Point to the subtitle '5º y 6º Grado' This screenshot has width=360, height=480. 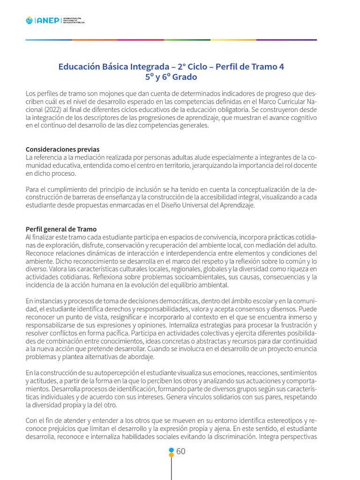(x=171, y=77)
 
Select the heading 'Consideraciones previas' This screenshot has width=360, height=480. (x=62, y=149)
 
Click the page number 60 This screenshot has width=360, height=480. (x=181, y=451)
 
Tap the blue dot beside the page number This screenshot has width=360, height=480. (x=172, y=450)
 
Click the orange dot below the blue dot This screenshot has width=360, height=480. (x=172, y=455)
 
